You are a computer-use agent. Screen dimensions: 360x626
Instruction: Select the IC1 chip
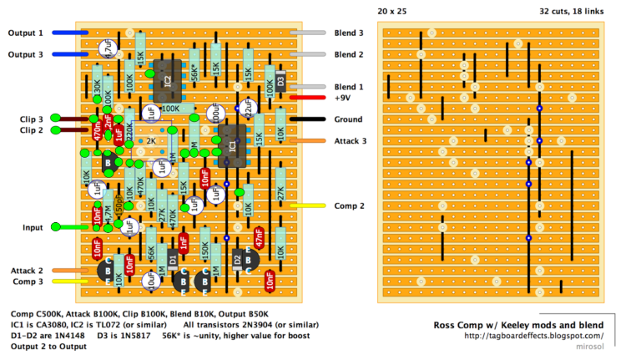pyautogui.click(x=232, y=142)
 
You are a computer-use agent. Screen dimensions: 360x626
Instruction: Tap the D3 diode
pyautogui.click(x=281, y=81)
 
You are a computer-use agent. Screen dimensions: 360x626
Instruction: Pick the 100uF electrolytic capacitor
pyautogui.click(x=218, y=120)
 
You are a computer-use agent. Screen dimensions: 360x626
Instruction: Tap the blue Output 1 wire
pyautogui.click(x=70, y=33)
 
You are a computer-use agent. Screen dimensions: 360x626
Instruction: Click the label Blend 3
pyautogui.click(x=349, y=33)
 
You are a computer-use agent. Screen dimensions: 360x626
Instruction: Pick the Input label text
pyautogui.click(x=33, y=227)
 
